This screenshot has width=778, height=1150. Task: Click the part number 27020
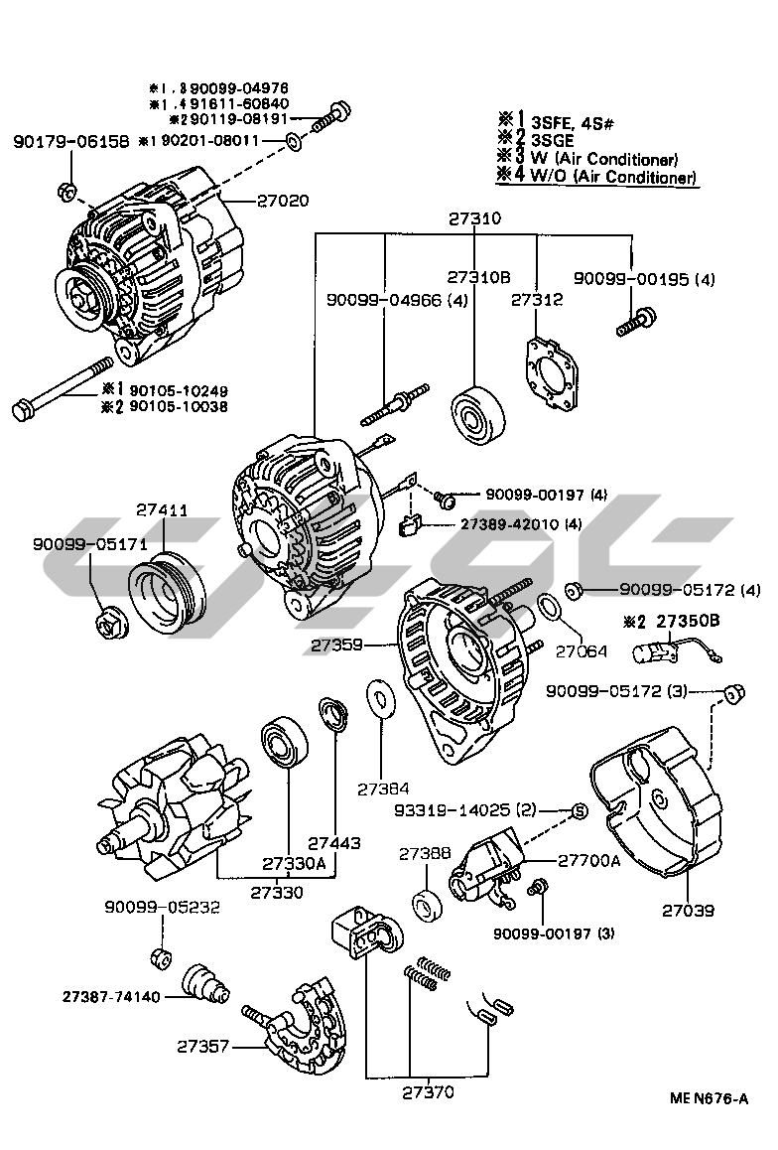pos(283,201)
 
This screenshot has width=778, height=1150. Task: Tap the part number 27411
pos(162,511)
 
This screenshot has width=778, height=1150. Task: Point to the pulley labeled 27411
pos(169,597)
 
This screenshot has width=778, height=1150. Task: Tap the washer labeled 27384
pos(380,700)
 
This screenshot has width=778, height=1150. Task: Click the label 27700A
pos(588,861)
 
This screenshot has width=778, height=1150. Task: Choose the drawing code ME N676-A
pos(709,1098)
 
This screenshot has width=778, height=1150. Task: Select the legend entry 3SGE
pos(552,140)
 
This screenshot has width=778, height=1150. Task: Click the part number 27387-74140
pos(110,995)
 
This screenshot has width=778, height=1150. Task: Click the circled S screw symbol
pos(581,811)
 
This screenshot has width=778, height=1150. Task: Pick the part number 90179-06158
pos(71,142)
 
